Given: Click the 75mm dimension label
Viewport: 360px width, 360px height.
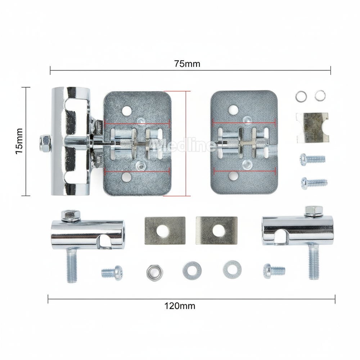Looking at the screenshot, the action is click(187, 64).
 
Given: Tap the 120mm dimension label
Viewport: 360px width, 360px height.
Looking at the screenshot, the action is click(180, 306).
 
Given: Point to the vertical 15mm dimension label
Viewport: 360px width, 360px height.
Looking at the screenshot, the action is click(19, 141).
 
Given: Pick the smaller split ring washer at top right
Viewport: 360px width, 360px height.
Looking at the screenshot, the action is click(320, 95).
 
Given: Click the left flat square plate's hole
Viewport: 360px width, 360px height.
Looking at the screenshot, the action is click(162, 231).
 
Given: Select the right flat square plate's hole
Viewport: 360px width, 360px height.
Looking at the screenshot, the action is click(219, 231).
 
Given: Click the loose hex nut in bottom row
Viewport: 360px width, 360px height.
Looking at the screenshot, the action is click(155, 273).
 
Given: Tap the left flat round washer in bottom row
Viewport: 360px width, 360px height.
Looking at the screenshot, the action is click(192, 270).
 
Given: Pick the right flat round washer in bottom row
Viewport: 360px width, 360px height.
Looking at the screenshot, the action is click(232, 270).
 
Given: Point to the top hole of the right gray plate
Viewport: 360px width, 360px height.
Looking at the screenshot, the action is click(233, 110).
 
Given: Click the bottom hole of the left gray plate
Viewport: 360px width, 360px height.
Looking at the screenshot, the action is click(127, 177).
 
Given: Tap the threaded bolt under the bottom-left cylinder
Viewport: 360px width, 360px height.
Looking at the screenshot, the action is click(72, 265).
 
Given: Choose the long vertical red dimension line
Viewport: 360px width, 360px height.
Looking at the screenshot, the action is click(186, 144).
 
